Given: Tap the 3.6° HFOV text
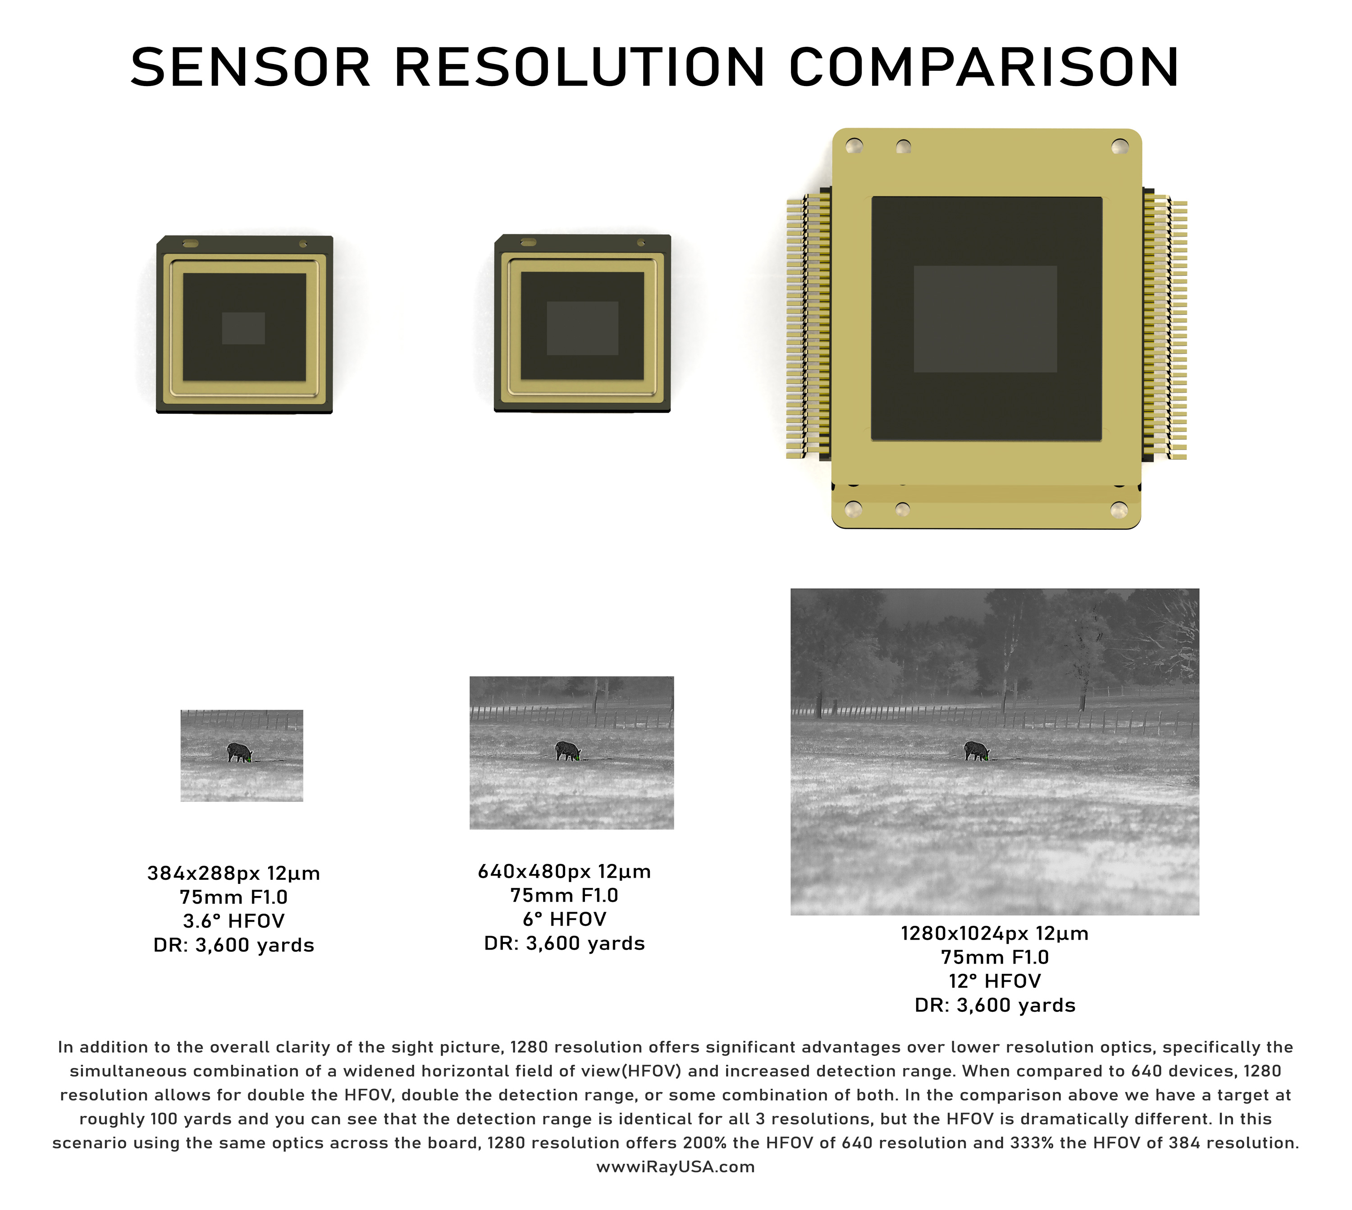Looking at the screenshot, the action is [233, 921].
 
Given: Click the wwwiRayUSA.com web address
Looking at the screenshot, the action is [676, 1167].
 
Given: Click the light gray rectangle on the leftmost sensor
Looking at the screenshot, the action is [243, 328].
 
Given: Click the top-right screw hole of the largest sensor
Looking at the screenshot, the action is [1120, 146].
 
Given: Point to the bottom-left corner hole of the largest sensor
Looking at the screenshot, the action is [853, 510].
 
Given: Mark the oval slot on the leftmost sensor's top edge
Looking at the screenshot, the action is [190, 243].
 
